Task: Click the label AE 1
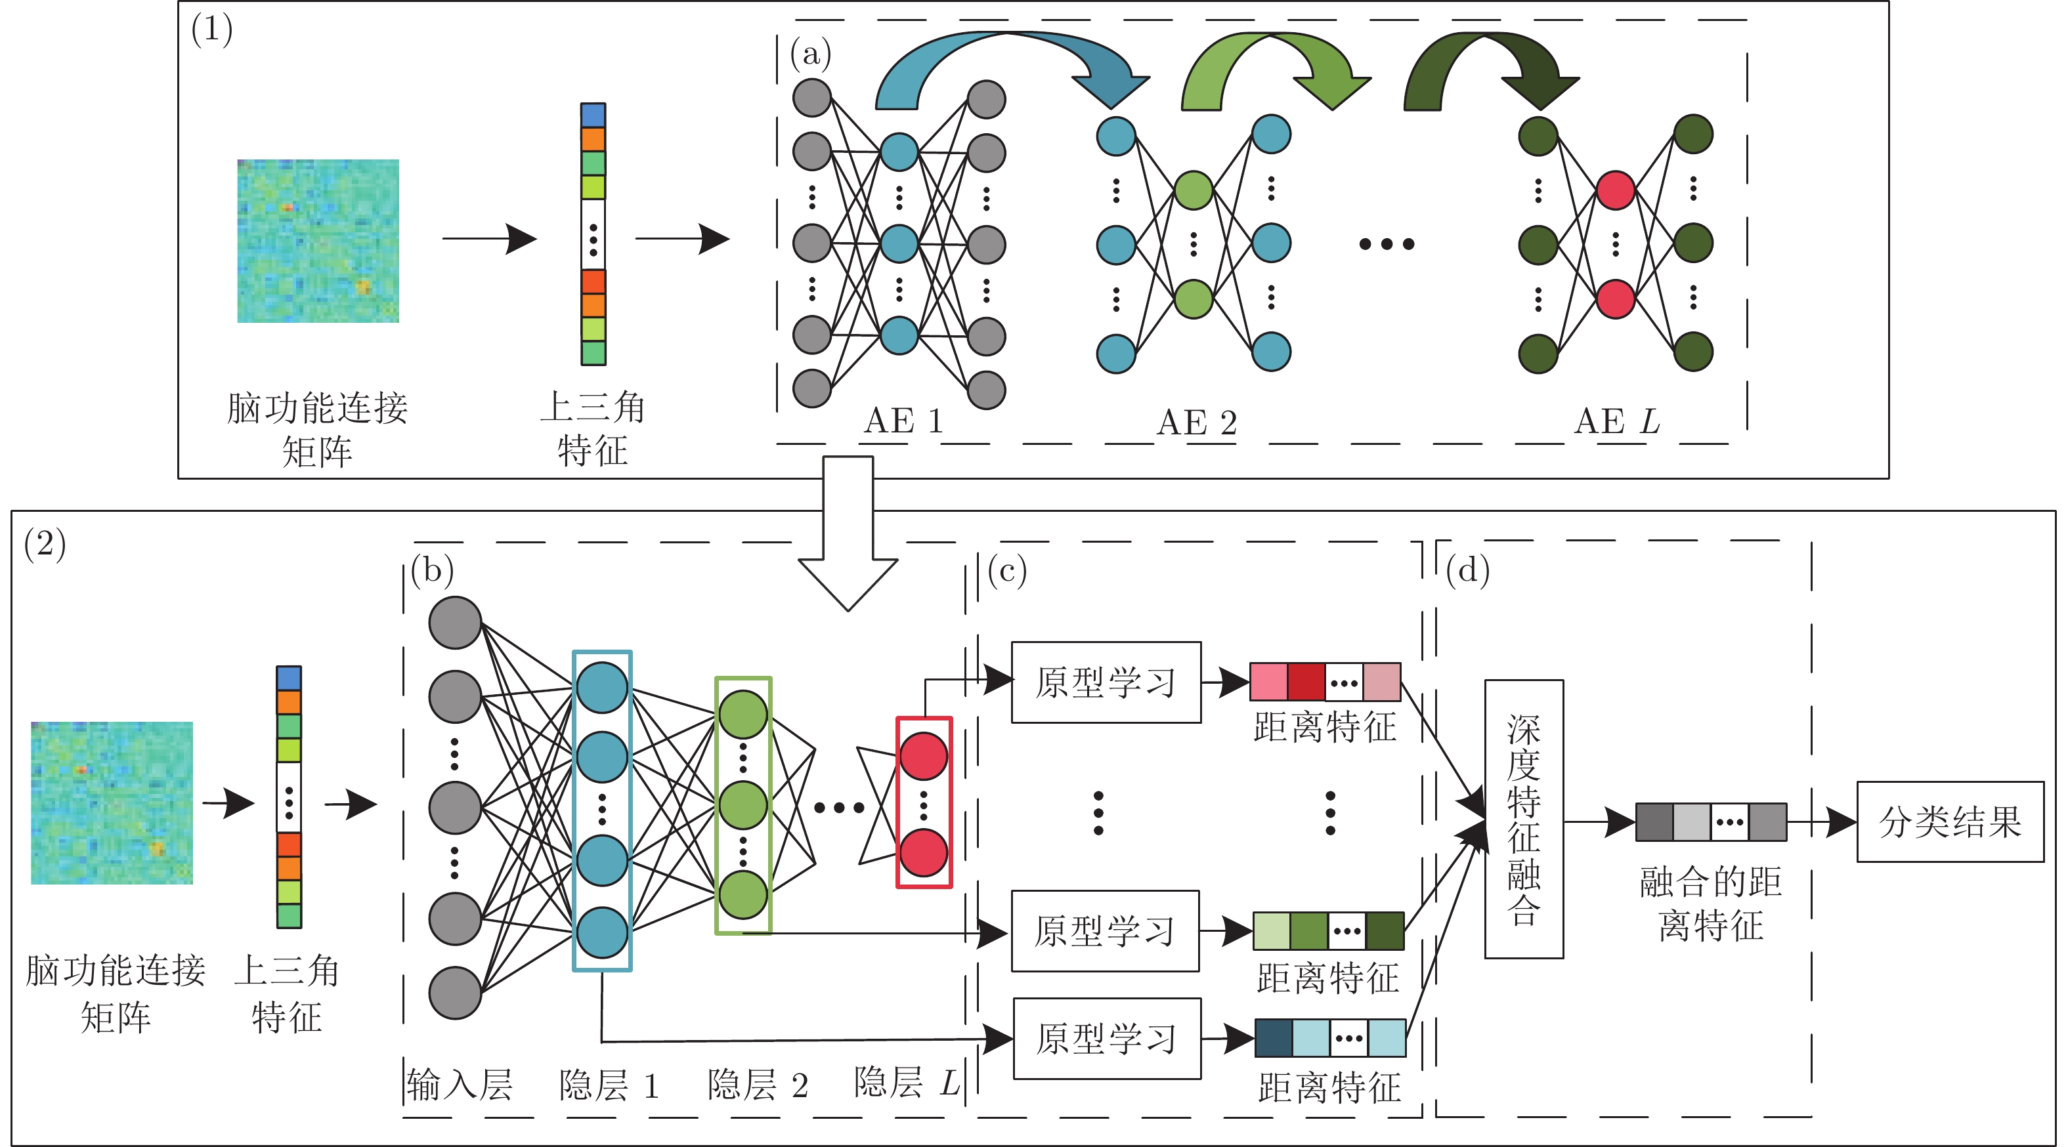(x=903, y=421)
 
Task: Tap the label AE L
(x=1617, y=421)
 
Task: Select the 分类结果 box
(x=1949, y=822)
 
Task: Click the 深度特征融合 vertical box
(x=1523, y=819)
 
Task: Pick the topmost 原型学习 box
(x=1106, y=682)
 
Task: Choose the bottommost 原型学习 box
(x=1107, y=1039)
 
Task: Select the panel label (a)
(x=810, y=54)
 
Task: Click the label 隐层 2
(x=757, y=1085)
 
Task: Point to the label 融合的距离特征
(x=1711, y=903)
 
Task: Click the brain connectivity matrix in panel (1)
(x=318, y=241)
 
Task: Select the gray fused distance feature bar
(x=1711, y=822)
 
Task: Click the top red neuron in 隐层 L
(x=923, y=756)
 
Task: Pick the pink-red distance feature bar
(x=1325, y=682)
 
